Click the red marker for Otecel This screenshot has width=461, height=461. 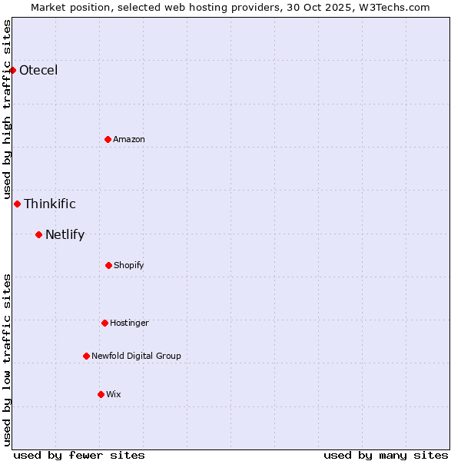13,70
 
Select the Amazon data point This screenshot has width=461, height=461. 108,139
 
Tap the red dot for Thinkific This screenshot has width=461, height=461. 17,204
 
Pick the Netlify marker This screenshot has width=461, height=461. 38,234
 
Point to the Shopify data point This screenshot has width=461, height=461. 108,265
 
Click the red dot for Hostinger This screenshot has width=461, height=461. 104,323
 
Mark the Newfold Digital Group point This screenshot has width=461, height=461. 86,356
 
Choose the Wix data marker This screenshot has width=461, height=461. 101,394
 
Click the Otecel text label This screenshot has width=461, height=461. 38,71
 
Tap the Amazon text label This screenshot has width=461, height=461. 129,139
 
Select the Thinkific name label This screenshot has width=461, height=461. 50,204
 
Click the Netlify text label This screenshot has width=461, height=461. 65,234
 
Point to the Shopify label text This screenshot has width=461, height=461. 129,265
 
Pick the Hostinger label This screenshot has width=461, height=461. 129,323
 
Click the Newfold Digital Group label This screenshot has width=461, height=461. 136,356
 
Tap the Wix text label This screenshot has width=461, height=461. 114,394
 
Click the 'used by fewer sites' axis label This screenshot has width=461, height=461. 79,455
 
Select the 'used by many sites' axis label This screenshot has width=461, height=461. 386,455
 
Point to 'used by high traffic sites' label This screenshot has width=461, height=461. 7,109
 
